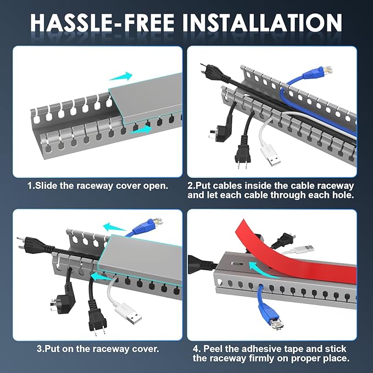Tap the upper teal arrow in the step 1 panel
121,76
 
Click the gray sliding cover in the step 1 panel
144,99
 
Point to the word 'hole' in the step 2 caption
331,195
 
